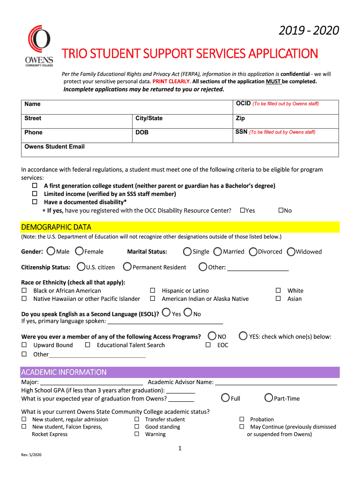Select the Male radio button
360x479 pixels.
[50, 251]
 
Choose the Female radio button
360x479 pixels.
[79, 251]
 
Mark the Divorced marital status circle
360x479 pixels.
[253, 252]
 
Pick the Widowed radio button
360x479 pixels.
[291, 252]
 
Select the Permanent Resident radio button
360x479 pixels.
[127, 267]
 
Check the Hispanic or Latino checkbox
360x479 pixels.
[152, 290]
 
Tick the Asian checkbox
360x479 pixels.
[278, 298]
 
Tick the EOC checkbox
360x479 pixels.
[208, 345]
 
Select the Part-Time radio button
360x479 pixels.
[268, 398]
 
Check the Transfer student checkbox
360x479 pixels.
[137, 419]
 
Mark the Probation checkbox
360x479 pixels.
[242, 419]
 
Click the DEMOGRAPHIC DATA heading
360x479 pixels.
[56, 227]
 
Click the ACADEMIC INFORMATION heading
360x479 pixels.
[64, 372]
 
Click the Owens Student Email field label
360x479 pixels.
[54, 146]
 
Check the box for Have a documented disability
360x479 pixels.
[34, 202]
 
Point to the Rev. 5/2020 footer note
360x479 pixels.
[31, 455]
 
